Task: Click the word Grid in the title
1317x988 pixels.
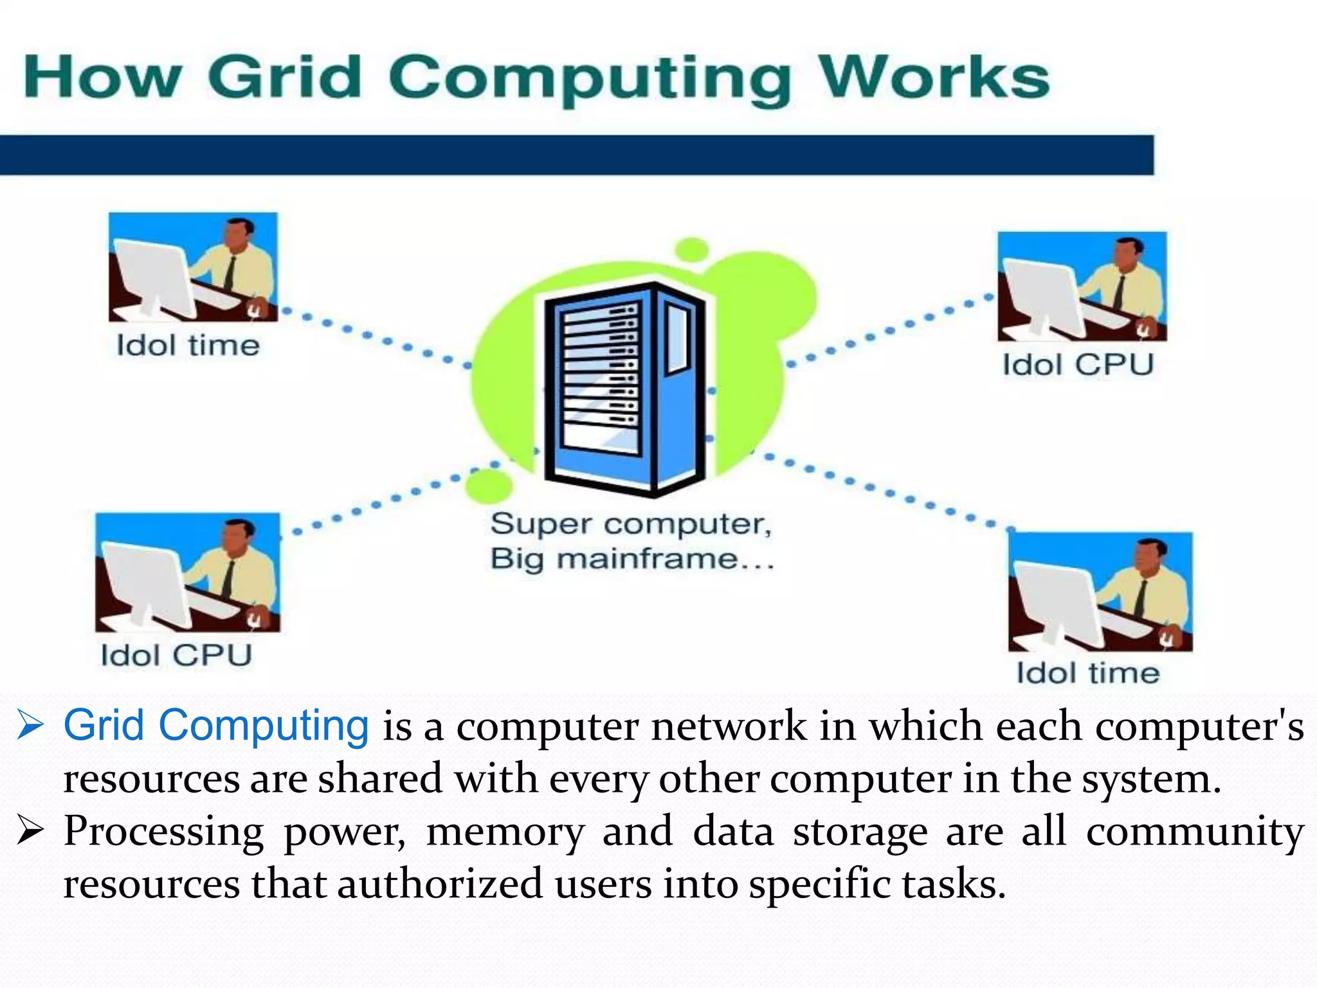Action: pos(285,77)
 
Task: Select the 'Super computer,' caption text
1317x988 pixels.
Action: pos(631,524)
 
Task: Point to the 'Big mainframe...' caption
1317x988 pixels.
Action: pos(632,559)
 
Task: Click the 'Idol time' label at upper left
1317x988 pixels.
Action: pos(188,346)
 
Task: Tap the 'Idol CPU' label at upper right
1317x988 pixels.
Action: pos(1078,365)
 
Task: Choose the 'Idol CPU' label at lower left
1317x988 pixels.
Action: pos(176,656)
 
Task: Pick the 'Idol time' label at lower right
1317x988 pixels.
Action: pos(1088,673)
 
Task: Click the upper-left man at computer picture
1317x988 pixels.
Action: pos(193,267)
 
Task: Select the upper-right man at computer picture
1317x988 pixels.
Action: pos(1082,286)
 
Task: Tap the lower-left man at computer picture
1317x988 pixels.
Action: pos(188,572)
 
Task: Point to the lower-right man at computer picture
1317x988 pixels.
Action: pos(1100,592)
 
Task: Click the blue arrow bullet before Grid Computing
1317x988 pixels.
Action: pos(30,725)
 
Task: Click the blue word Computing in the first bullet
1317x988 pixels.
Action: pos(264,726)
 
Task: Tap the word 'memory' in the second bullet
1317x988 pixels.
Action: pos(505,832)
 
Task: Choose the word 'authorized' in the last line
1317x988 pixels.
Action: pos(440,884)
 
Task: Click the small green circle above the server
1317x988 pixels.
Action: pos(692,249)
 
